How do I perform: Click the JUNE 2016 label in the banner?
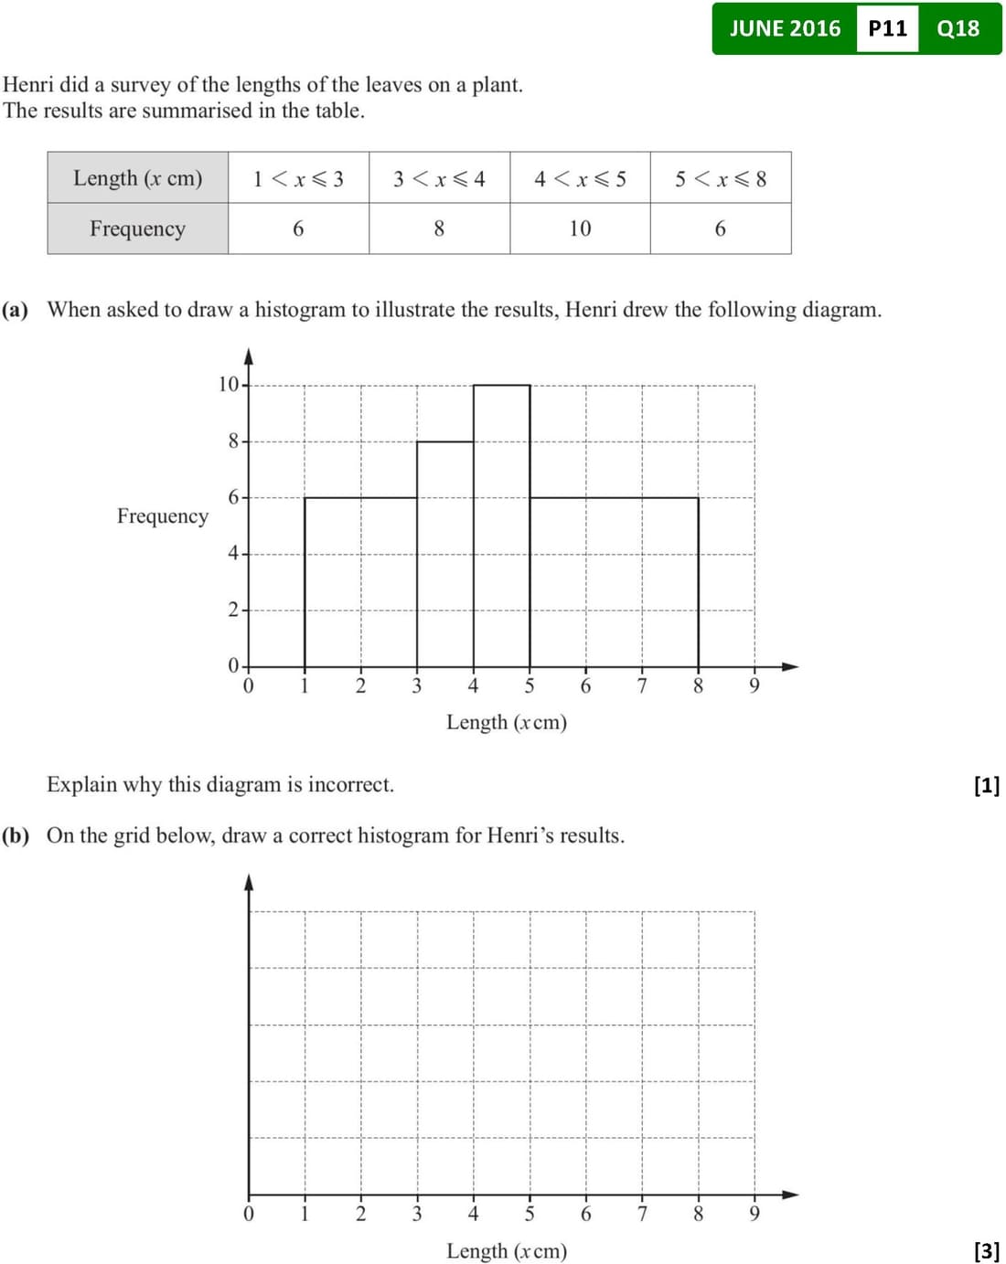coord(785,28)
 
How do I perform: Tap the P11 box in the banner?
coord(887,28)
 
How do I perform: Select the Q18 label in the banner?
coord(958,28)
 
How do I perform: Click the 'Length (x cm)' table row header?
coord(138,178)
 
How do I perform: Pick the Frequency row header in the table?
coord(138,228)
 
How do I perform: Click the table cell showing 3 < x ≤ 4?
coord(439,178)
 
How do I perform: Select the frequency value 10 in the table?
coord(580,228)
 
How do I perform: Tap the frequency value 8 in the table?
coord(439,228)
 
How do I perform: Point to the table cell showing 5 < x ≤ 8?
coord(721,178)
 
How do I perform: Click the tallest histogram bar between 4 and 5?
coord(501,526)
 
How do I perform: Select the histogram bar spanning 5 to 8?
coord(614,582)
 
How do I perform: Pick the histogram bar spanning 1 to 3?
coord(360,582)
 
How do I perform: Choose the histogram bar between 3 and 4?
coord(445,554)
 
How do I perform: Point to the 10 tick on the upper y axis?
coord(228,385)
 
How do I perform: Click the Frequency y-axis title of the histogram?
coord(163,516)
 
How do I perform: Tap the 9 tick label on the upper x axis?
coord(754,686)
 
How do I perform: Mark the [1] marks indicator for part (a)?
coord(987,785)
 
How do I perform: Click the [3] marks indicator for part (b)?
coord(987,1250)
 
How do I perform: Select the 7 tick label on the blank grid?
coord(642,1214)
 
